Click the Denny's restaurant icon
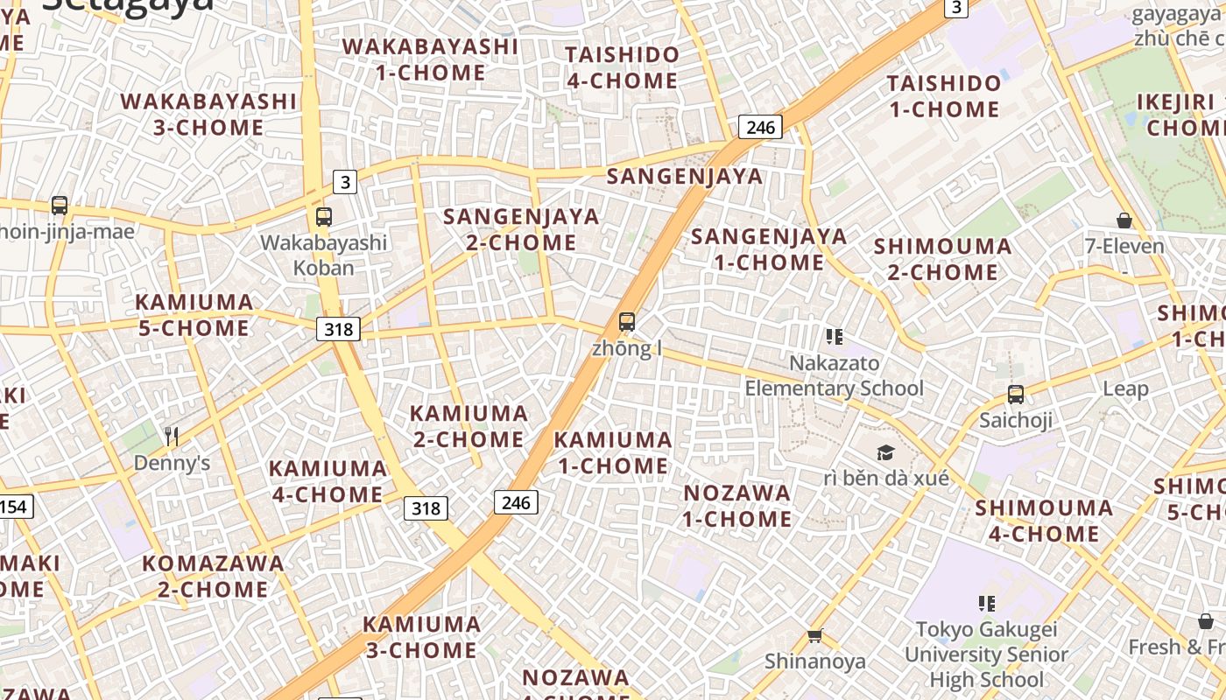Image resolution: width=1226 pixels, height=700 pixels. click(x=172, y=436)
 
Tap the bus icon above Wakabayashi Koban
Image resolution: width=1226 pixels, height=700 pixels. click(x=324, y=217)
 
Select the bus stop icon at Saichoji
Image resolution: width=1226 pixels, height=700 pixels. click(x=1016, y=395)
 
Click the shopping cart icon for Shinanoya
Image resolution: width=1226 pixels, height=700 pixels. click(x=815, y=636)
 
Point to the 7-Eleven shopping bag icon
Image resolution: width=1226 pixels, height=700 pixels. click(x=1124, y=220)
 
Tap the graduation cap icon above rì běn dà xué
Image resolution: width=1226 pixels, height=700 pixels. click(x=886, y=452)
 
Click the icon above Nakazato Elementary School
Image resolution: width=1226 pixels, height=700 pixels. click(x=834, y=336)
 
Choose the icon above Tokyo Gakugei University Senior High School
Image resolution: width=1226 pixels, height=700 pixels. click(x=987, y=603)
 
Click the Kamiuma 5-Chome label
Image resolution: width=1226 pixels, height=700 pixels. click(x=194, y=315)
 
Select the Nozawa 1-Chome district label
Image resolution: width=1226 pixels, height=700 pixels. click(x=737, y=506)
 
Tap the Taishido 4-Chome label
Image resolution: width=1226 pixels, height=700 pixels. click(x=622, y=67)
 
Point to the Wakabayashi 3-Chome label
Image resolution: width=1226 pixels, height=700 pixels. click(x=208, y=114)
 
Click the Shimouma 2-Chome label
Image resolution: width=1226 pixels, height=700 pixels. click(x=943, y=259)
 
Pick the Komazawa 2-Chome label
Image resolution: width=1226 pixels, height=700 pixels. click(x=213, y=576)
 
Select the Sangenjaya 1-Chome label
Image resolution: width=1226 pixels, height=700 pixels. click(x=769, y=248)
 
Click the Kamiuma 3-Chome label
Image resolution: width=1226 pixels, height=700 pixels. click(x=422, y=637)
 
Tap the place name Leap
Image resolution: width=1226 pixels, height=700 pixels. click(x=1125, y=388)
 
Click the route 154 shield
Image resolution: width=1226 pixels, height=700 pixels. click(x=13, y=507)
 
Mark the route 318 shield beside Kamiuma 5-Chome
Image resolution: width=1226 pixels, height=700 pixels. click(x=338, y=329)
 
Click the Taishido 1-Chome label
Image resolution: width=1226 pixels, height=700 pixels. click(x=944, y=96)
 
